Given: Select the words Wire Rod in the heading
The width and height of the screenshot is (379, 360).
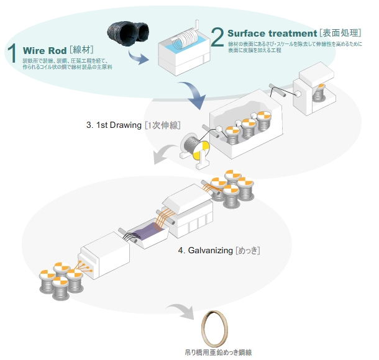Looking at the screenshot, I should (x=45, y=50).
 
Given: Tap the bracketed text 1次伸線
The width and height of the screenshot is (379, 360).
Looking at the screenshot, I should (x=162, y=125).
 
